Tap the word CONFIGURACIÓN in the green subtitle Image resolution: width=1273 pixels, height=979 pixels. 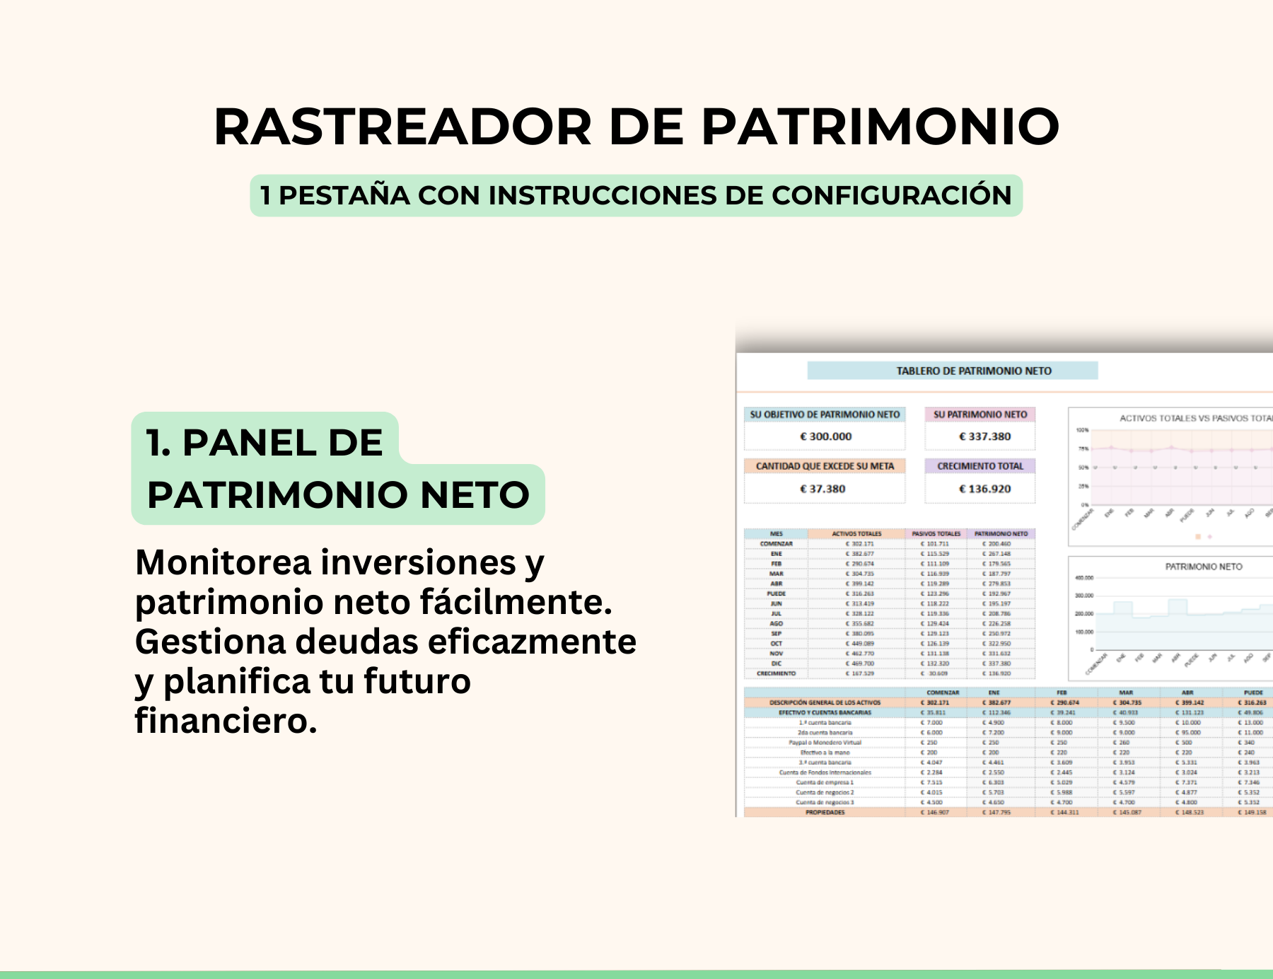(x=891, y=195)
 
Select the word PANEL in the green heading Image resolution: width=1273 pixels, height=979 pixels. (x=282, y=443)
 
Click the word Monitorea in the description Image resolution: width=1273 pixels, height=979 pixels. (x=223, y=563)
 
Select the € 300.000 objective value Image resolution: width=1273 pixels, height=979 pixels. (x=825, y=436)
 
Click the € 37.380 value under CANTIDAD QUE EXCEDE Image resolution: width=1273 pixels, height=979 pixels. (x=822, y=489)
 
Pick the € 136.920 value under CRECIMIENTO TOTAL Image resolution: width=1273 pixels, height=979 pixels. (x=984, y=489)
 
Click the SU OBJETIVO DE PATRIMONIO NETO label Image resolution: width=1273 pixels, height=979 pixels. (x=825, y=415)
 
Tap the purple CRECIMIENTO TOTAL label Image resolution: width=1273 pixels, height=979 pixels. (x=980, y=466)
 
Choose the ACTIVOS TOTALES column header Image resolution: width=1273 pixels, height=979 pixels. (x=856, y=534)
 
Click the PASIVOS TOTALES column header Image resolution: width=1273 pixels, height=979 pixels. (x=936, y=534)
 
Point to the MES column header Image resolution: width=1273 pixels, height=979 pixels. (x=776, y=534)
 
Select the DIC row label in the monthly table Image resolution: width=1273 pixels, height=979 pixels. (x=776, y=664)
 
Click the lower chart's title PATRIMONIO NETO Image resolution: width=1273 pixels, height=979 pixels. (x=1204, y=567)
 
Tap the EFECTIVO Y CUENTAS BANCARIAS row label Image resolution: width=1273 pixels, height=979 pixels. (x=825, y=712)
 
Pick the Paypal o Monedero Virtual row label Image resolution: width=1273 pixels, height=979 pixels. (x=825, y=743)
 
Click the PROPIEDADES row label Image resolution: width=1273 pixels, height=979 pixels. (x=825, y=812)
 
